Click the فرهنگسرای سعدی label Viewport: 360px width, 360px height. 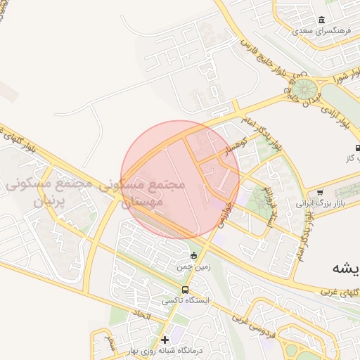coord(322,31)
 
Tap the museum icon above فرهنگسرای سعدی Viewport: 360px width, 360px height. coord(322,19)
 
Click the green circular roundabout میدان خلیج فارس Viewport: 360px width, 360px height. coord(304,91)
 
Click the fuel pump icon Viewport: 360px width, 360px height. coord(357,148)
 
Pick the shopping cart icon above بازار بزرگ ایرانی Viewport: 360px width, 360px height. coord(321,192)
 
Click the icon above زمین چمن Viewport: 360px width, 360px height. coord(194,255)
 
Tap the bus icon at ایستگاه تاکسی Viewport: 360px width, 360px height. coord(184,289)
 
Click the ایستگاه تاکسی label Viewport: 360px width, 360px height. coord(181,300)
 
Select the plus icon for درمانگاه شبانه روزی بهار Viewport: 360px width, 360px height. coord(165,340)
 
